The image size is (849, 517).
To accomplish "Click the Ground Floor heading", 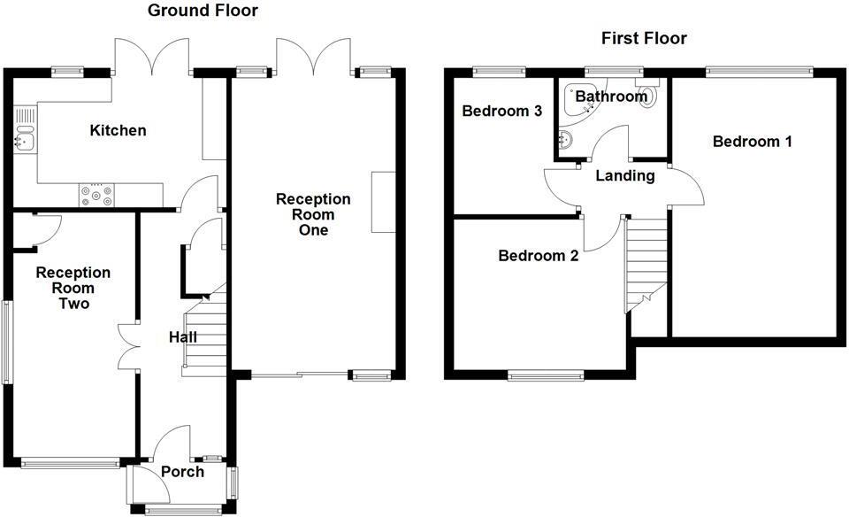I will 203,11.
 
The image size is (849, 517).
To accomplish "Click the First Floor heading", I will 644,38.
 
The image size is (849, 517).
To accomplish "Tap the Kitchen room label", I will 118,131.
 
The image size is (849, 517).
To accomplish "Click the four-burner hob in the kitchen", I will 96,194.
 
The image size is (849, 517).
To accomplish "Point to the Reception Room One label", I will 313,214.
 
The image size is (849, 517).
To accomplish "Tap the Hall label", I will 183,337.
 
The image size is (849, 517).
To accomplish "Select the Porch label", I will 182,472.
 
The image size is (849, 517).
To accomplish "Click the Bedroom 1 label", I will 753,142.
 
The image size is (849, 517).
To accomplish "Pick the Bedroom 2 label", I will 538,256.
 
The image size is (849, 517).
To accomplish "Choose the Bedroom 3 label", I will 501,112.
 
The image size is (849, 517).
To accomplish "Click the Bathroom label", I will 611,96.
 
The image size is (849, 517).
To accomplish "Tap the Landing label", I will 624,175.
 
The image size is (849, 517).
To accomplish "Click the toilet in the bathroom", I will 650,96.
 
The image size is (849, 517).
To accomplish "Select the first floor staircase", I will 644,261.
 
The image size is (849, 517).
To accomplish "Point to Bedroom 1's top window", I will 759,72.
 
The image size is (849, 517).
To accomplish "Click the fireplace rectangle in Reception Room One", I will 384,202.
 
